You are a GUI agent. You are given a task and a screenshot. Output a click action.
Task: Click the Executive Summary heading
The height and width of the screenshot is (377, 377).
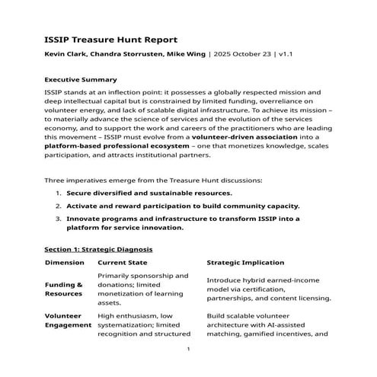point(80,79)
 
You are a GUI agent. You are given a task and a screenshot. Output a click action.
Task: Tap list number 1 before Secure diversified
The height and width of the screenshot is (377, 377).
point(59,194)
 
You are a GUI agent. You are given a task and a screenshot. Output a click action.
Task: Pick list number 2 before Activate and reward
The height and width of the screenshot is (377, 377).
point(59,206)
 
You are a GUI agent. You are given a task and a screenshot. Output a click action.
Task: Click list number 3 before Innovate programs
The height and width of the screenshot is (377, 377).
point(59,218)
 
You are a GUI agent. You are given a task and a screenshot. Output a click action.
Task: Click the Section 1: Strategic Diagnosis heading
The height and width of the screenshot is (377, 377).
point(98,249)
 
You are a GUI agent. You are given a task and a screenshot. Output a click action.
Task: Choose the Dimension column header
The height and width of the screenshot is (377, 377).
point(64,263)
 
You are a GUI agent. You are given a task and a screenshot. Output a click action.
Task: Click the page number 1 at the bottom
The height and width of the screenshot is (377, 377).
point(188,349)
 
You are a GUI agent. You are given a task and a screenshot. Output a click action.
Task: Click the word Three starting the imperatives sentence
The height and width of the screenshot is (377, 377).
point(56,181)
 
